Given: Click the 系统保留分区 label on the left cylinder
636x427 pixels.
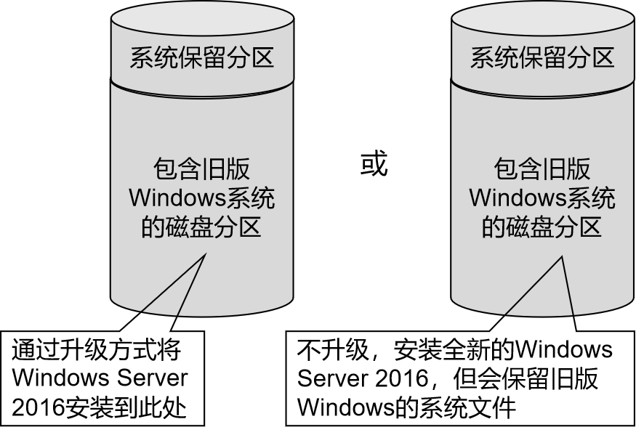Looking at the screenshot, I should (x=201, y=58).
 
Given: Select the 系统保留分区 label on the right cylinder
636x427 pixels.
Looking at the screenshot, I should (x=542, y=58).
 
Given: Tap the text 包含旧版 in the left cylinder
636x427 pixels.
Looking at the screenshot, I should (x=201, y=169).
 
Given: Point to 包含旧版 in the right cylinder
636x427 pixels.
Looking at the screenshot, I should (x=542, y=169).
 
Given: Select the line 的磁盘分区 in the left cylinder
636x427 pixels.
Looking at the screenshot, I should (x=201, y=228).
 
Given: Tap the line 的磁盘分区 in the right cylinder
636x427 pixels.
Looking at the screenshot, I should (x=542, y=228).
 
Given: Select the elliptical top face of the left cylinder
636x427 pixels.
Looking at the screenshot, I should (x=201, y=20).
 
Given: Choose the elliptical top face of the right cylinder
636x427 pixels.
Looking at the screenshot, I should (x=542, y=20).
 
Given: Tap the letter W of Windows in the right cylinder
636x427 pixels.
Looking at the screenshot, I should (x=480, y=198).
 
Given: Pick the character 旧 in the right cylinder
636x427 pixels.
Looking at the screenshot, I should (x=554, y=169).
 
